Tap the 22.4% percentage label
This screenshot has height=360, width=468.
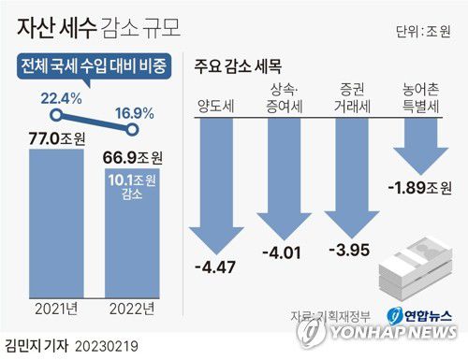tap(60, 96)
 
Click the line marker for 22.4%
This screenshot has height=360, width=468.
tap(56, 116)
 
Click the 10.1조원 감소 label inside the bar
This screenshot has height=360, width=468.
tap(139, 184)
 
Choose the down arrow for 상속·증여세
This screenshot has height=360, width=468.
tap(285, 173)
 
